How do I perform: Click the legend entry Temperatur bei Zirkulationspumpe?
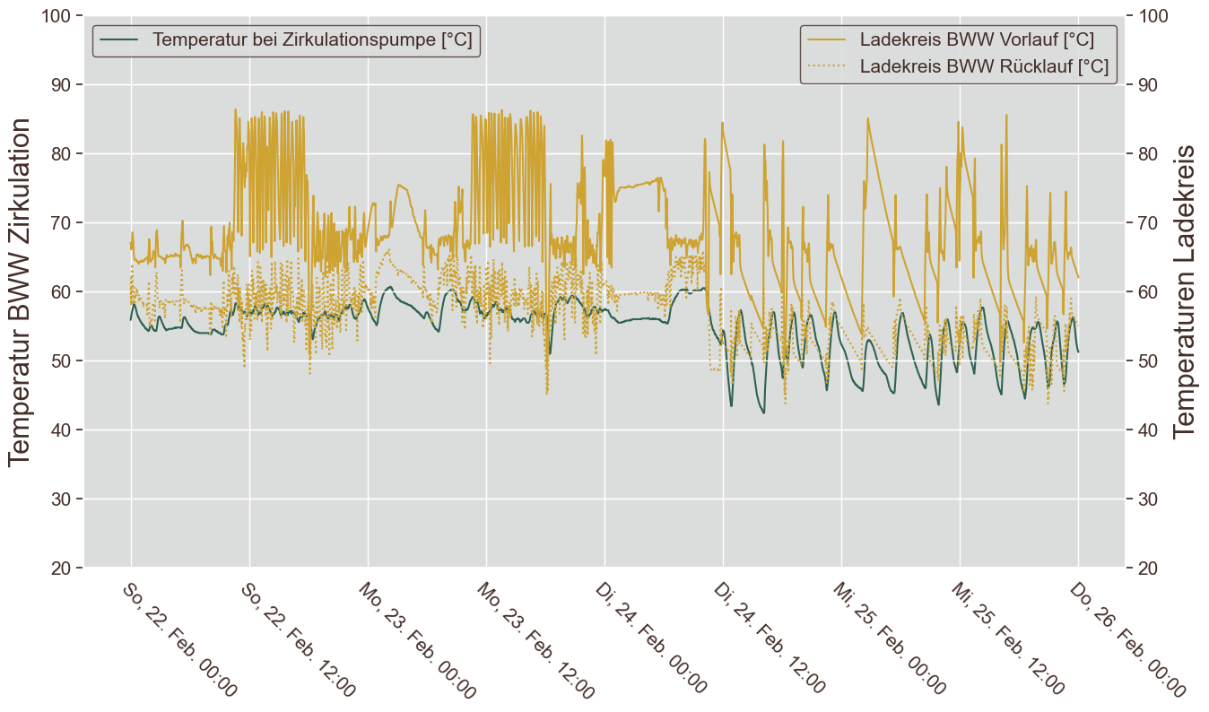click(312, 40)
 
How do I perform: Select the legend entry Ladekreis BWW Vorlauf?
click(976, 40)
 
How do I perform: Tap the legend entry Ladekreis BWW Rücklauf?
click(983, 66)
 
